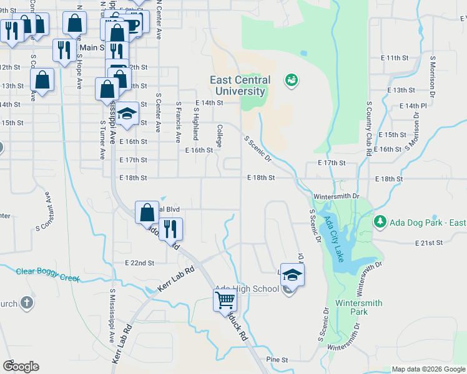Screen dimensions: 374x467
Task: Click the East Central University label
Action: pyautogui.click(x=240, y=85)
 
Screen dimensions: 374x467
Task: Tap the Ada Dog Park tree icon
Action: pyautogui.click(x=380, y=221)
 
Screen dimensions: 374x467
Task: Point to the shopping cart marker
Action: pyautogui.click(x=225, y=300)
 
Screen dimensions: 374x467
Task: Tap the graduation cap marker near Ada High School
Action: pyautogui.click(x=292, y=274)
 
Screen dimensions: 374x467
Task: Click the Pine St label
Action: pyautogui.click(x=277, y=360)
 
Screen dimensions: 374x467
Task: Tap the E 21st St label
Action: pyautogui.click(x=429, y=242)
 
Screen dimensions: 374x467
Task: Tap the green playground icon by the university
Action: pyautogui.click(x=290, y=80)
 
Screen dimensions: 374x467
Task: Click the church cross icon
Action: pyautogui.click(x=26, y=303)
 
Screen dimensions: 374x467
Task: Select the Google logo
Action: pyautogui.click(x=21, y=366)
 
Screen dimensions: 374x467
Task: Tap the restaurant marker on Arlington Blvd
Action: pyautogui.click(x=170, y=229)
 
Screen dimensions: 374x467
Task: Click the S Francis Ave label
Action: pyautogui.click(x=179, y=122)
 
